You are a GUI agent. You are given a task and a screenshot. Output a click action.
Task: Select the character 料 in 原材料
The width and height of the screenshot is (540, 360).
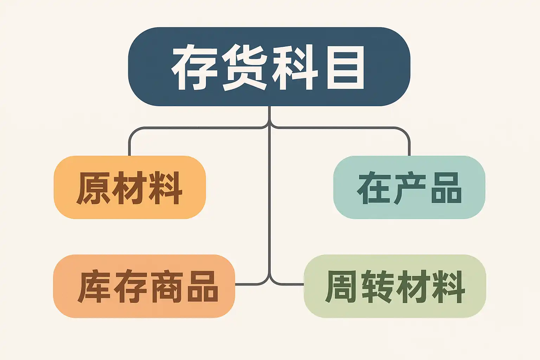(166, 188)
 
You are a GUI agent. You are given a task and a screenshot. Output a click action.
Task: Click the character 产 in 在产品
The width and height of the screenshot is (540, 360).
(409, 188)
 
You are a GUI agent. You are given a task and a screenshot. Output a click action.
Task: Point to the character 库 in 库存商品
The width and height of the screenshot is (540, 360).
(94, 287)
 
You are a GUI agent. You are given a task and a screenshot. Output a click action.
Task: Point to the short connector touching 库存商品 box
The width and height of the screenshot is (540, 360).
(246, 284)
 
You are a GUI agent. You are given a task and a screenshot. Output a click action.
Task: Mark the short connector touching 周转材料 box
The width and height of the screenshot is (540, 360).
(292, 284)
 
